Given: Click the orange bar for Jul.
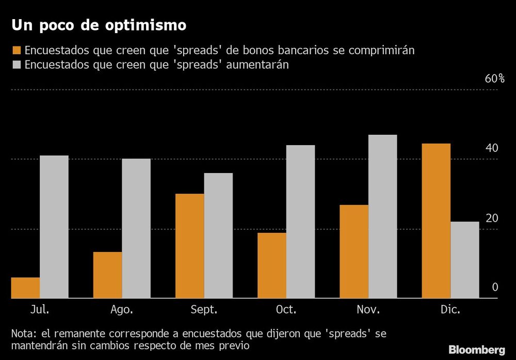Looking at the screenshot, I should (x=25, y=288).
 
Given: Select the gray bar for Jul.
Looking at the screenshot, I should (x=54, y=227).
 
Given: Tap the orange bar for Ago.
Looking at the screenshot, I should (x=107, y=275).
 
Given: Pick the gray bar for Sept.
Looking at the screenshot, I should (x=218, y=236).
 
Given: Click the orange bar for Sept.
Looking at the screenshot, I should (x=189, y=246).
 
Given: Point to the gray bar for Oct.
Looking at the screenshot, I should (x=300, y=222).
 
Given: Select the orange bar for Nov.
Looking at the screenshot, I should (x=354, y=252).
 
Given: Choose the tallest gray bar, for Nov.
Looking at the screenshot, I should (x=383, y=216).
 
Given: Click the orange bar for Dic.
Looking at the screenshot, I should (x=436, y=221).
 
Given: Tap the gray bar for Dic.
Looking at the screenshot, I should (x=465, y=260).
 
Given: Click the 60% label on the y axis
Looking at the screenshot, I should (x=494, y=79).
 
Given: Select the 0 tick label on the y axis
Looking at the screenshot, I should (x=495, y=287).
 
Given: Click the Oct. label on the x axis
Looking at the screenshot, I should (x=286, y=310).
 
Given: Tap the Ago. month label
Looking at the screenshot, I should (x=122, y=310).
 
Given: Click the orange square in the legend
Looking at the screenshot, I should (x=16, y=51).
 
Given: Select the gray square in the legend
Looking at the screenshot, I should (x=16, y=66).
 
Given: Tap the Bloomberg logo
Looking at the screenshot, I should (x=477, y=350).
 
